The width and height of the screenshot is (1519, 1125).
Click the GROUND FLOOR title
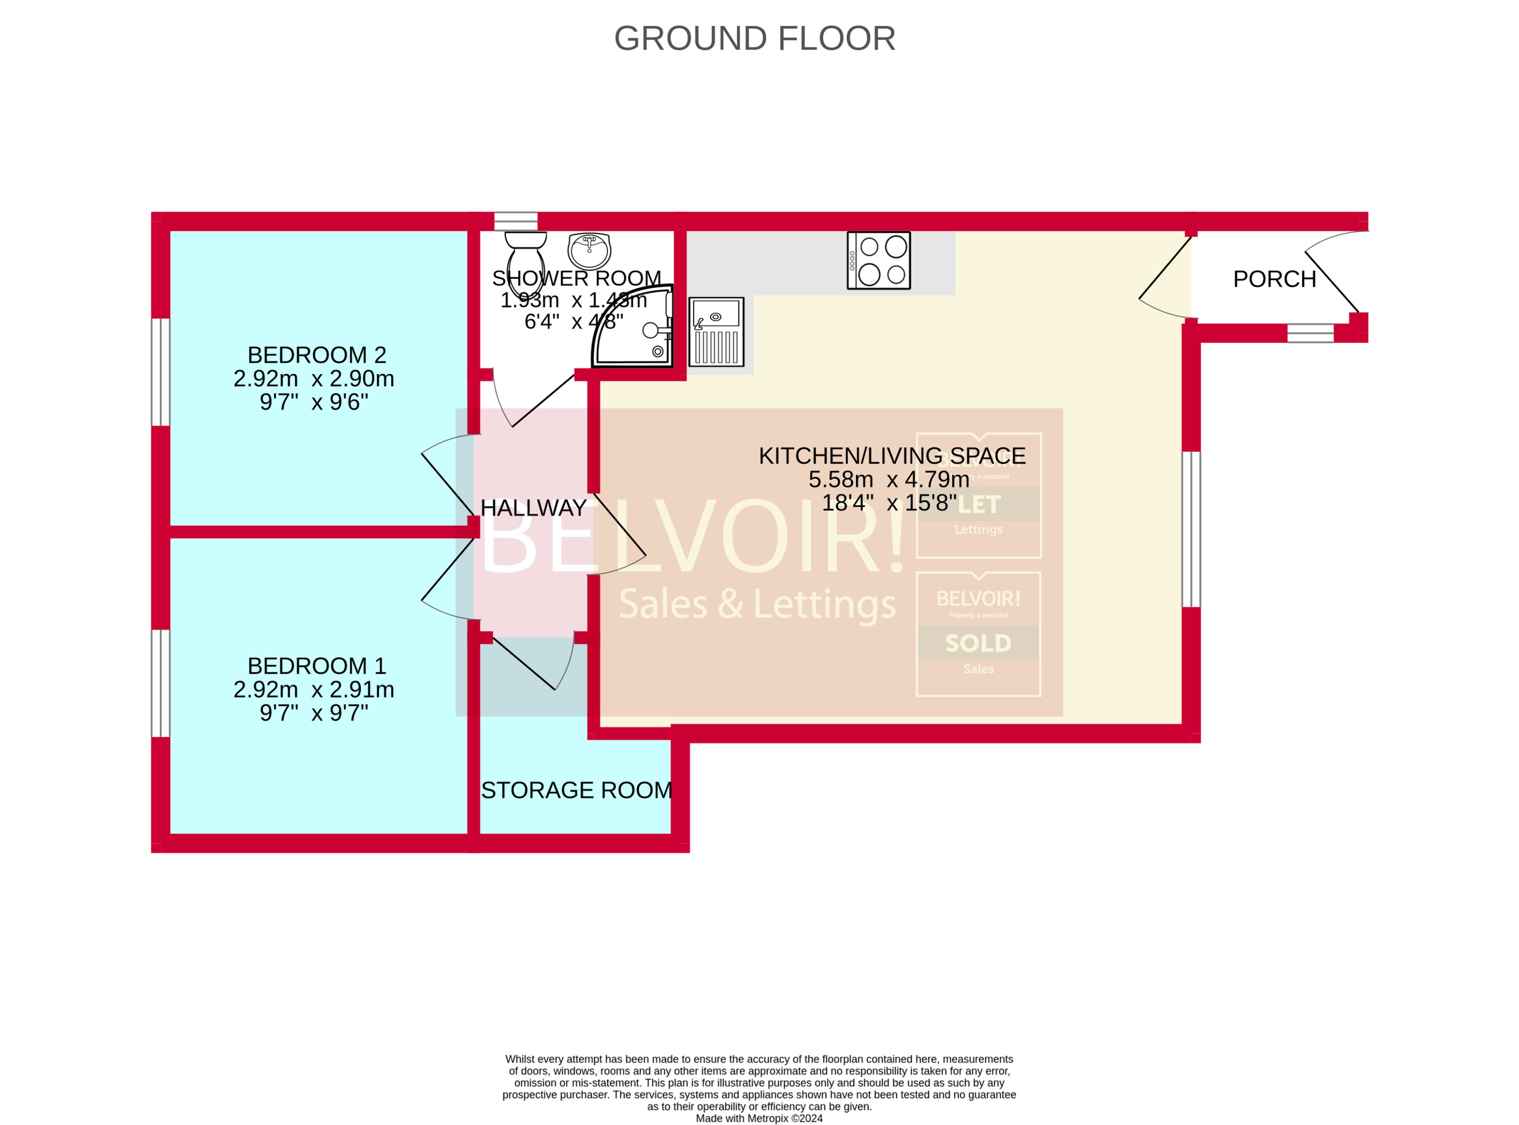754,39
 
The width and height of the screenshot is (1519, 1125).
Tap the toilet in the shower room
525,255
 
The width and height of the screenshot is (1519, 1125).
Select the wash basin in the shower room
589,250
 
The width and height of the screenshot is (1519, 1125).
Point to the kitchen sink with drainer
716,332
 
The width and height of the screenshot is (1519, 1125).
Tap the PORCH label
1274,279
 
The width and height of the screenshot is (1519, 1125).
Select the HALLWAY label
534,508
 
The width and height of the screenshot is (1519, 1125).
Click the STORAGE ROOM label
576,790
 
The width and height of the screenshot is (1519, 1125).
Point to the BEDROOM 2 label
317,355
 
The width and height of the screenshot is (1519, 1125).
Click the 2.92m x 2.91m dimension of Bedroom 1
313,690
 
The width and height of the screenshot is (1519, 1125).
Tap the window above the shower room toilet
516,221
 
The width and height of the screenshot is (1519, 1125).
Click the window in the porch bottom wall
1310,333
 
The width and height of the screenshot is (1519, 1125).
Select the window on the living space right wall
1191,529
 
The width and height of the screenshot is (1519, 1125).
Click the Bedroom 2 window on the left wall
160,372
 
